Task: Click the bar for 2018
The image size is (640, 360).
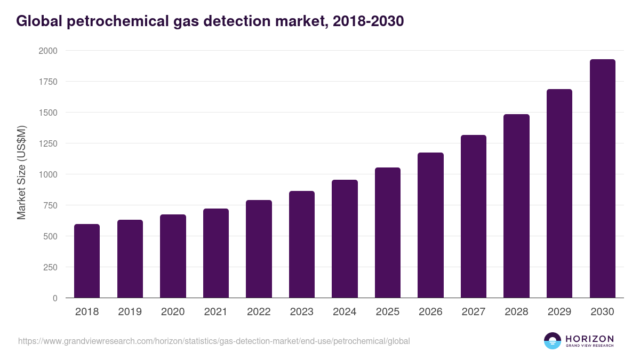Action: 87,261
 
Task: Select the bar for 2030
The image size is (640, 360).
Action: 602,179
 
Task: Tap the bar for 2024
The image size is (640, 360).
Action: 345,239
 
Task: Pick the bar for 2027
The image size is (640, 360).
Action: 474,217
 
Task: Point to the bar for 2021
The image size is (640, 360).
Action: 216,253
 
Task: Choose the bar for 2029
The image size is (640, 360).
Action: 559,194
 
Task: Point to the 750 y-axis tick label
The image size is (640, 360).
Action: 50,205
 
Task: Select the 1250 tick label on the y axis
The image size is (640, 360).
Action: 47,143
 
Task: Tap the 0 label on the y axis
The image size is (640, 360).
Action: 55,298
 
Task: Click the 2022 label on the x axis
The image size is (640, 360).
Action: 259,312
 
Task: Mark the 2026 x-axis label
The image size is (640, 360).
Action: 430,312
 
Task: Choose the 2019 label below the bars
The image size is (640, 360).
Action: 130,312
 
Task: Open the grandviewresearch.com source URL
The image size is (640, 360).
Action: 214,341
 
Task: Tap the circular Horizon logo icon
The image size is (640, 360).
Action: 553,341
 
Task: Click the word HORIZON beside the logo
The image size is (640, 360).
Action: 589,338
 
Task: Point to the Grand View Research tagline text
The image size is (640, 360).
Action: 589,346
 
